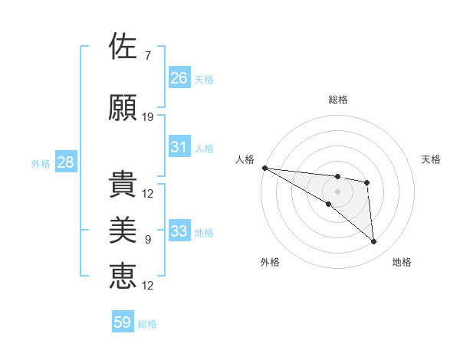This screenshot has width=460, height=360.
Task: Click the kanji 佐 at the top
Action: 123,46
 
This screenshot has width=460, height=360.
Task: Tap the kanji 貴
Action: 123,185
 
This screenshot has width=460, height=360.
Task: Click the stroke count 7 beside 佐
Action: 148,55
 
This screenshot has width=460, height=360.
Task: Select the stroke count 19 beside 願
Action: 148,117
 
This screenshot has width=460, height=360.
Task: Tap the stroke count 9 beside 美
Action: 148,240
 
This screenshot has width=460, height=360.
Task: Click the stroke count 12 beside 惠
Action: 148,286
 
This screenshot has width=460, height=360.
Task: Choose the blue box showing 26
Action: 179,77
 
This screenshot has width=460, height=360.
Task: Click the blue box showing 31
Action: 179,147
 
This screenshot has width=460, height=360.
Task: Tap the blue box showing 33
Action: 179,231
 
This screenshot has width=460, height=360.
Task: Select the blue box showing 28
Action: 65,162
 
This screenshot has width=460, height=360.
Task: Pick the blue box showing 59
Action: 123,322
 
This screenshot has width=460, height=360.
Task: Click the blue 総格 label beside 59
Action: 148,324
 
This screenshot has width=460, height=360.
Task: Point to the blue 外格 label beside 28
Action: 41,163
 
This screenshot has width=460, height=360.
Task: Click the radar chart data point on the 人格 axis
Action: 264,168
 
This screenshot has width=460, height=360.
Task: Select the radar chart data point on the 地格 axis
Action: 373,242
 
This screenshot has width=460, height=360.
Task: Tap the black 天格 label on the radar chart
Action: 432,159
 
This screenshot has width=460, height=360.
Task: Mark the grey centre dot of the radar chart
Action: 337,191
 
